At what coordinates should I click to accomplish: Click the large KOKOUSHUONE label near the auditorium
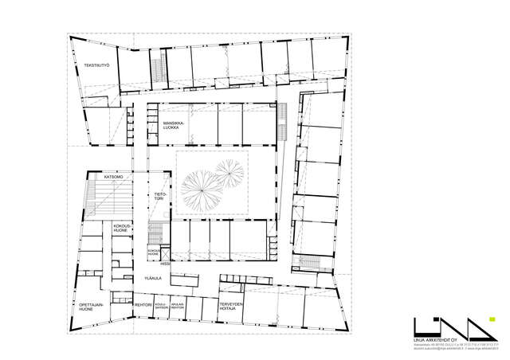tap(122, 228)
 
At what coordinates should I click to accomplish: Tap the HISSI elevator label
tap(166, 264)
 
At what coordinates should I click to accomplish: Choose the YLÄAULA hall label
tap(152, 278)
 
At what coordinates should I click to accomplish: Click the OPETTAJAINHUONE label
tap(90, 307)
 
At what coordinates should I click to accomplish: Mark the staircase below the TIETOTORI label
tap(157, 233)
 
